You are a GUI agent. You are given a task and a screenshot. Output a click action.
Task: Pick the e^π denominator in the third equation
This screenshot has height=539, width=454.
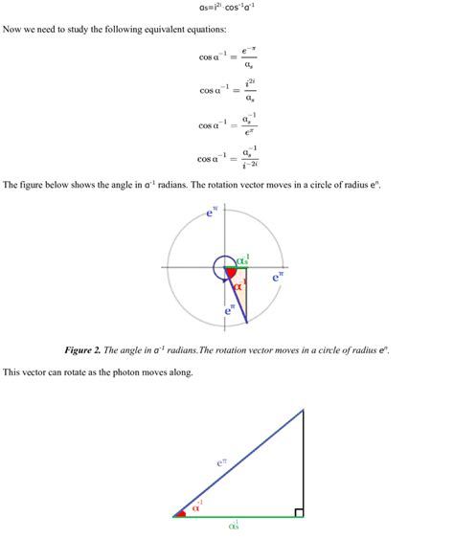(x=249, y=132)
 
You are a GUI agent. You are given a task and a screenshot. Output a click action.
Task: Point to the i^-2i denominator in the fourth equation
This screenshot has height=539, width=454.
(x=250, y=167)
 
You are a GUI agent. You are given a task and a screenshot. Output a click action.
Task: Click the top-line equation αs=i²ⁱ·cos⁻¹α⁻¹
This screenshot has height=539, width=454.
(x=227, y=7)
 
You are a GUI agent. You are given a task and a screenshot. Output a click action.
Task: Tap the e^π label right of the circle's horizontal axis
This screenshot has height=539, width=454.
(x=278, y=277)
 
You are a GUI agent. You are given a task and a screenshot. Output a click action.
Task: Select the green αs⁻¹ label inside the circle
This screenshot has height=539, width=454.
(x=242, y=259)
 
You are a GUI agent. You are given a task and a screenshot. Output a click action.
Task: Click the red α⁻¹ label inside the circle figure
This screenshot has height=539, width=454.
(x=239, y=284)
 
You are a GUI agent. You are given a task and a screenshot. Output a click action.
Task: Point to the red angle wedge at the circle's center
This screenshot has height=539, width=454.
(x=230, y=273)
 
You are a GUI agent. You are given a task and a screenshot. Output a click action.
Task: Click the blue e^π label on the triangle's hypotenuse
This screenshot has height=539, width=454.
(x=221, y=462)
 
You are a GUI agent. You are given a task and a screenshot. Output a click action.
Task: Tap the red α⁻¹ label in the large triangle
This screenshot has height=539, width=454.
(x=197, y=506)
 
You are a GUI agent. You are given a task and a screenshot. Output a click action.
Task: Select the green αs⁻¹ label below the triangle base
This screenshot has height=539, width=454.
(x=235, y=525)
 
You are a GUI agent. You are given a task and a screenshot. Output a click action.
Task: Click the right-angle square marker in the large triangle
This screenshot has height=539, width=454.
(x=299, y=512)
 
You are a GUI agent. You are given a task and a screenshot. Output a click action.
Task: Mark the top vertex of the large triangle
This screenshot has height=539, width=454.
(x=304, y=410)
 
